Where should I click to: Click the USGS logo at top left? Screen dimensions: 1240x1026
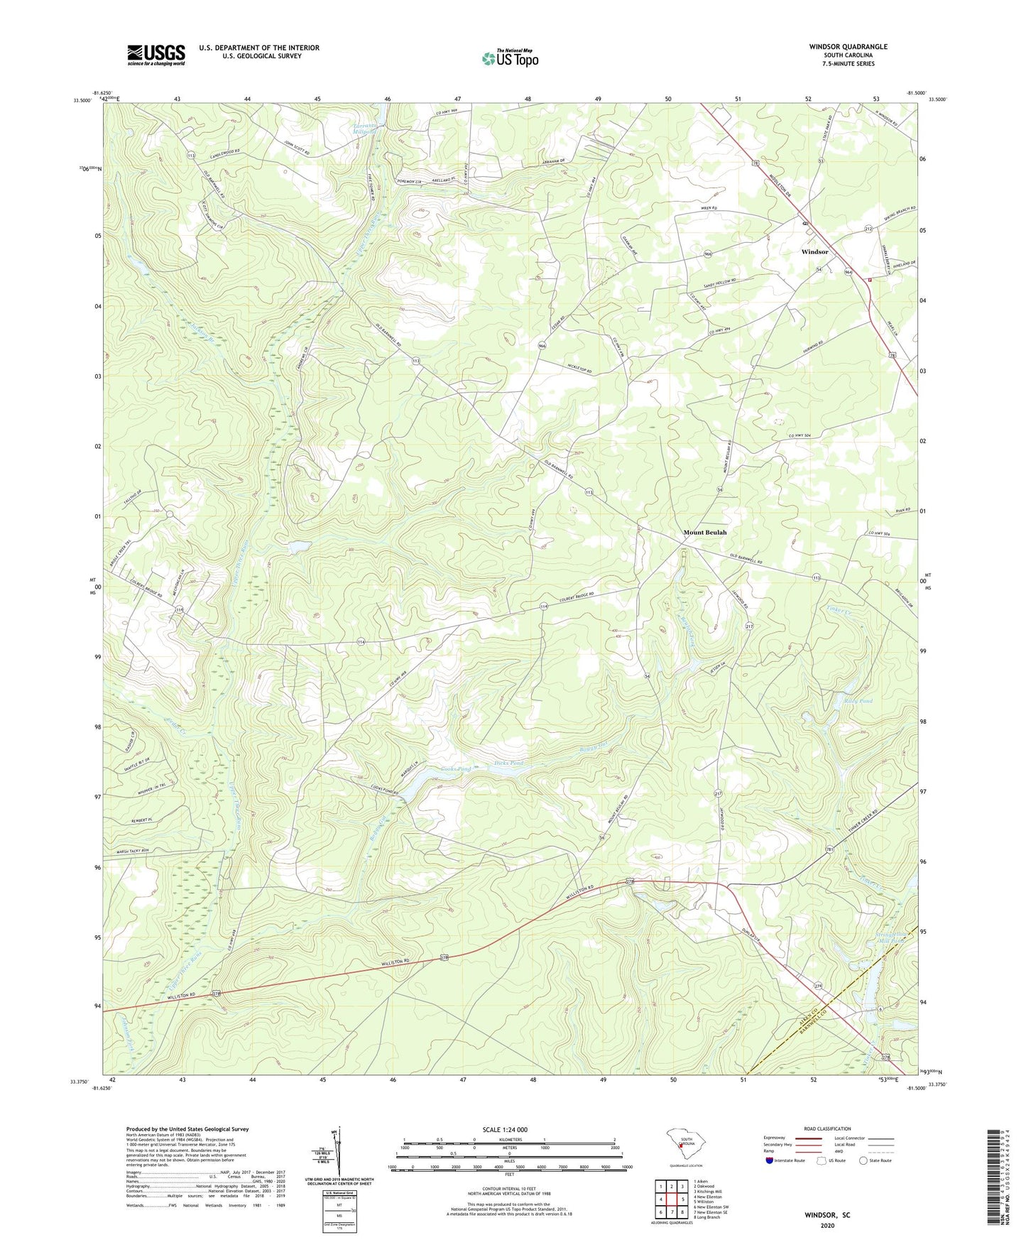coord(155,55)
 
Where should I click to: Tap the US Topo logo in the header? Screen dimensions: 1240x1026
coord(510,58)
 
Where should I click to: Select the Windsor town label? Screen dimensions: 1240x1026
coord(814,252)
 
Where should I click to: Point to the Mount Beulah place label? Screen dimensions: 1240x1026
coord(704,532)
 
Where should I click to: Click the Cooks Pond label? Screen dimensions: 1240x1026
coord(456,769)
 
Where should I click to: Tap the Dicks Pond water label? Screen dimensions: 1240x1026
coord(508,763)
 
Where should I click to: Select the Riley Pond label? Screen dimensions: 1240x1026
coord(858,701)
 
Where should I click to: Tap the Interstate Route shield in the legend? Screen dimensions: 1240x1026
coord(769,1160)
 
